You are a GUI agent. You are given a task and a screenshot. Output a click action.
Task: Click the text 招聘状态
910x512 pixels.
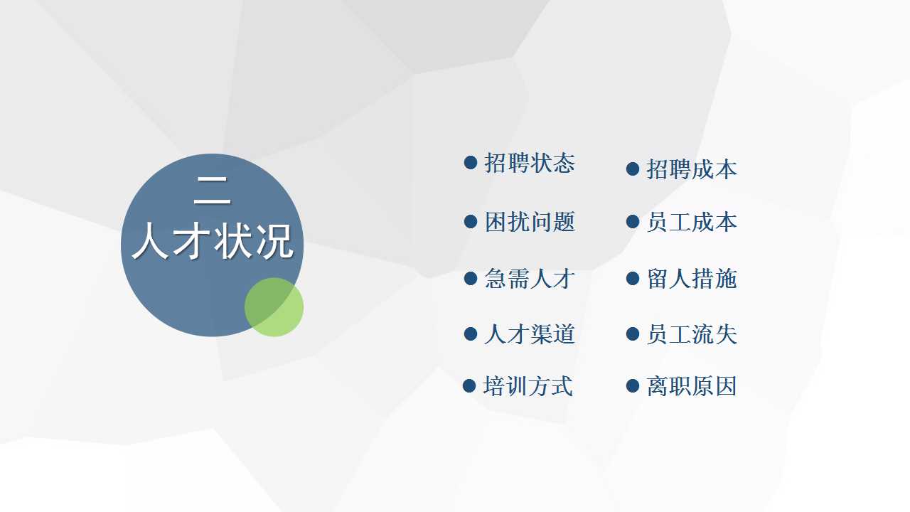tap(530, 164)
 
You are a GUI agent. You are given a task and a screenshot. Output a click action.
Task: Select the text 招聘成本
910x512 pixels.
tap(692, 169)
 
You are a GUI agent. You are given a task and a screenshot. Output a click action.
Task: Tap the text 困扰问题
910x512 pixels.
tap(530, 222)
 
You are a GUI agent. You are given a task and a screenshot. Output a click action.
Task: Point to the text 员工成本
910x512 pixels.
tap(692, 222)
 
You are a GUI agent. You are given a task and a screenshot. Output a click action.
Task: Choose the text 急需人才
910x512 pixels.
tap(530, 279)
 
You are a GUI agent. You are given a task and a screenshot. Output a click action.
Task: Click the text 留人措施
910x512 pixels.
tap(692, 279)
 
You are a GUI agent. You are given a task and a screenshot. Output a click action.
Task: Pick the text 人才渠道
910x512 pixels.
tap(530, 334)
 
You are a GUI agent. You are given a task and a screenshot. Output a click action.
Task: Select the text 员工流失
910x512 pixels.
tap(692, 334)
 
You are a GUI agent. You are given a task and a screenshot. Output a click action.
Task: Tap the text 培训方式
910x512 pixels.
tap(528, 386)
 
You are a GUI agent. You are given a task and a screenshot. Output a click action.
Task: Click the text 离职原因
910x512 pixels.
tap(692, 386)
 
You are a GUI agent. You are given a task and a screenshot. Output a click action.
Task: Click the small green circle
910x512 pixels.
tap(274, 307)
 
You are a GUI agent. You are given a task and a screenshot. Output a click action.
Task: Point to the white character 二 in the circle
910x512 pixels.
tap(213, 190)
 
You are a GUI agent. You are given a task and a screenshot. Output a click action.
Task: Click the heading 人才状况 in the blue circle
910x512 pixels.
tap(213, 241)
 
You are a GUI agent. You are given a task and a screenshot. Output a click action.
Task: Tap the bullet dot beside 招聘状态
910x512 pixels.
tap(471, 163)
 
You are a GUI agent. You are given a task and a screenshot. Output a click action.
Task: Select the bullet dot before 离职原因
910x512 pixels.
tap(633, 385)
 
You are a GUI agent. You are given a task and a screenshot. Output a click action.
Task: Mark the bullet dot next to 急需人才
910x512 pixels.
tap(471, 278)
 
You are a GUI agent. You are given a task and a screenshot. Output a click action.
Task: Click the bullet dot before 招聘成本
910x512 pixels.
tap(633, 169)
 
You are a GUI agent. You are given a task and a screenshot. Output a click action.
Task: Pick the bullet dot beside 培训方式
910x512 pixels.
tap(469, 385)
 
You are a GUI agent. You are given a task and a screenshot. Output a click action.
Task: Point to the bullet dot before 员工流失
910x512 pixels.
tap(633, 334)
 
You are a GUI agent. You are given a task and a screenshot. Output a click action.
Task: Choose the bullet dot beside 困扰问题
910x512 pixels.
tap(471, 221)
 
